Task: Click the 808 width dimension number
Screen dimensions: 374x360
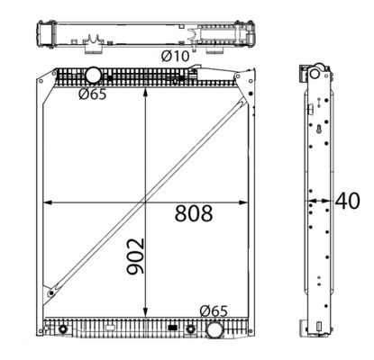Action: pos(194,213)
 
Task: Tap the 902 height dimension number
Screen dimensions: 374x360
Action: pos(135,256)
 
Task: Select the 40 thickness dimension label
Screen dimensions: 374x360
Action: pos(348,201)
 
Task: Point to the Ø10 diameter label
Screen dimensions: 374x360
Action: pos(176,56)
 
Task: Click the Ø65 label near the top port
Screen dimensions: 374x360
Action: pos(93,94)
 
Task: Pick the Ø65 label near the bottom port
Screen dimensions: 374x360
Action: pos(214,311)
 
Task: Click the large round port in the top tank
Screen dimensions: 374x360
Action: pos(93,75)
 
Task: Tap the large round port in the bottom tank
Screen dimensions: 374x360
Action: pos(214,329)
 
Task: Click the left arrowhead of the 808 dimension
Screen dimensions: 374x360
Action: pos(48,202)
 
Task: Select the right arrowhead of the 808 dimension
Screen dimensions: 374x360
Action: pos(243,202)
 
